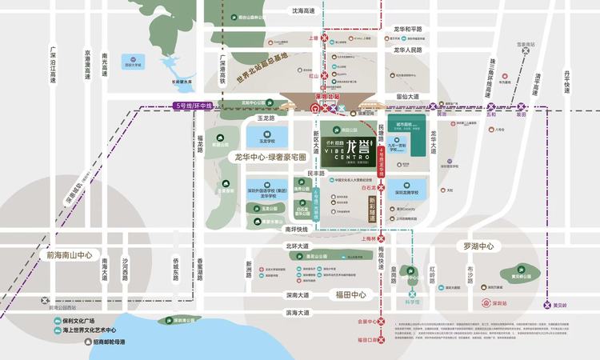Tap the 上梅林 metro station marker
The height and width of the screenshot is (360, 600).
pos(382,238)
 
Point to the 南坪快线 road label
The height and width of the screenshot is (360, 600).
pos(297,228)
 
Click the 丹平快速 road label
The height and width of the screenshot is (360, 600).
pos(566,79)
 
